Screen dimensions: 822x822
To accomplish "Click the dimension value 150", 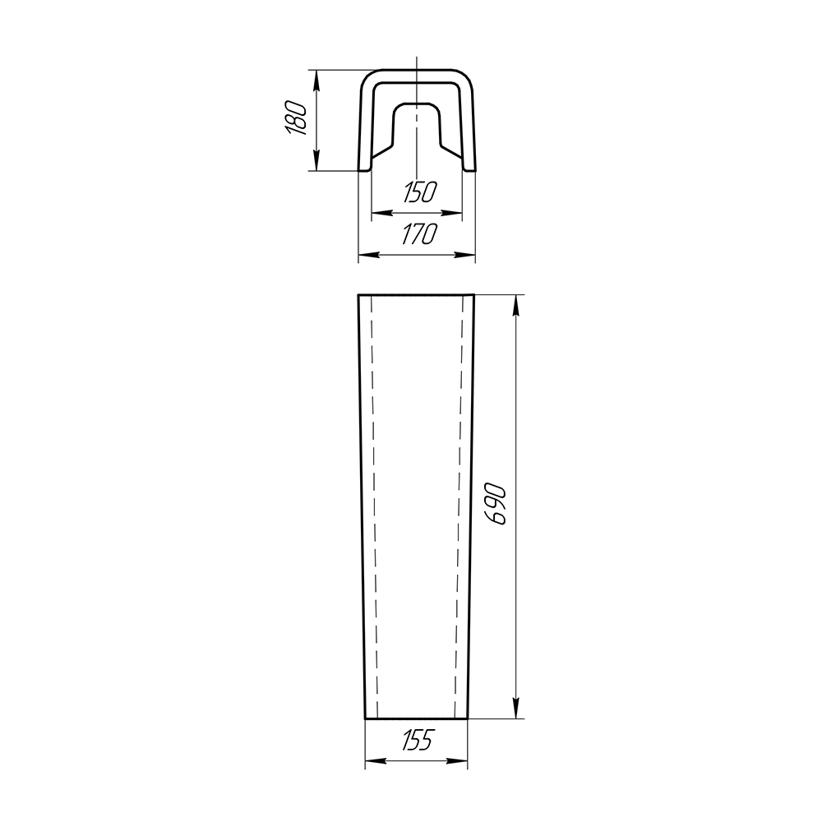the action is [420, 192].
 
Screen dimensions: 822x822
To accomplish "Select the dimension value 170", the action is [419, 233].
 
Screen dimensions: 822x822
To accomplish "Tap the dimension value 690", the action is [496, 505].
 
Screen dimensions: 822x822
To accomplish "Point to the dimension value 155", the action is [418, 740].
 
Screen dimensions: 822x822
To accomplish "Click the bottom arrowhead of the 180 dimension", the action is [316, 159].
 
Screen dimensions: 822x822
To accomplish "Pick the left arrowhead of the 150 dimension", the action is [381, 213].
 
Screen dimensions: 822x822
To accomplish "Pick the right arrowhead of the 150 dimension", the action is [452, 213].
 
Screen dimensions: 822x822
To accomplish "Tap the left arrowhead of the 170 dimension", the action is [369, 255].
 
